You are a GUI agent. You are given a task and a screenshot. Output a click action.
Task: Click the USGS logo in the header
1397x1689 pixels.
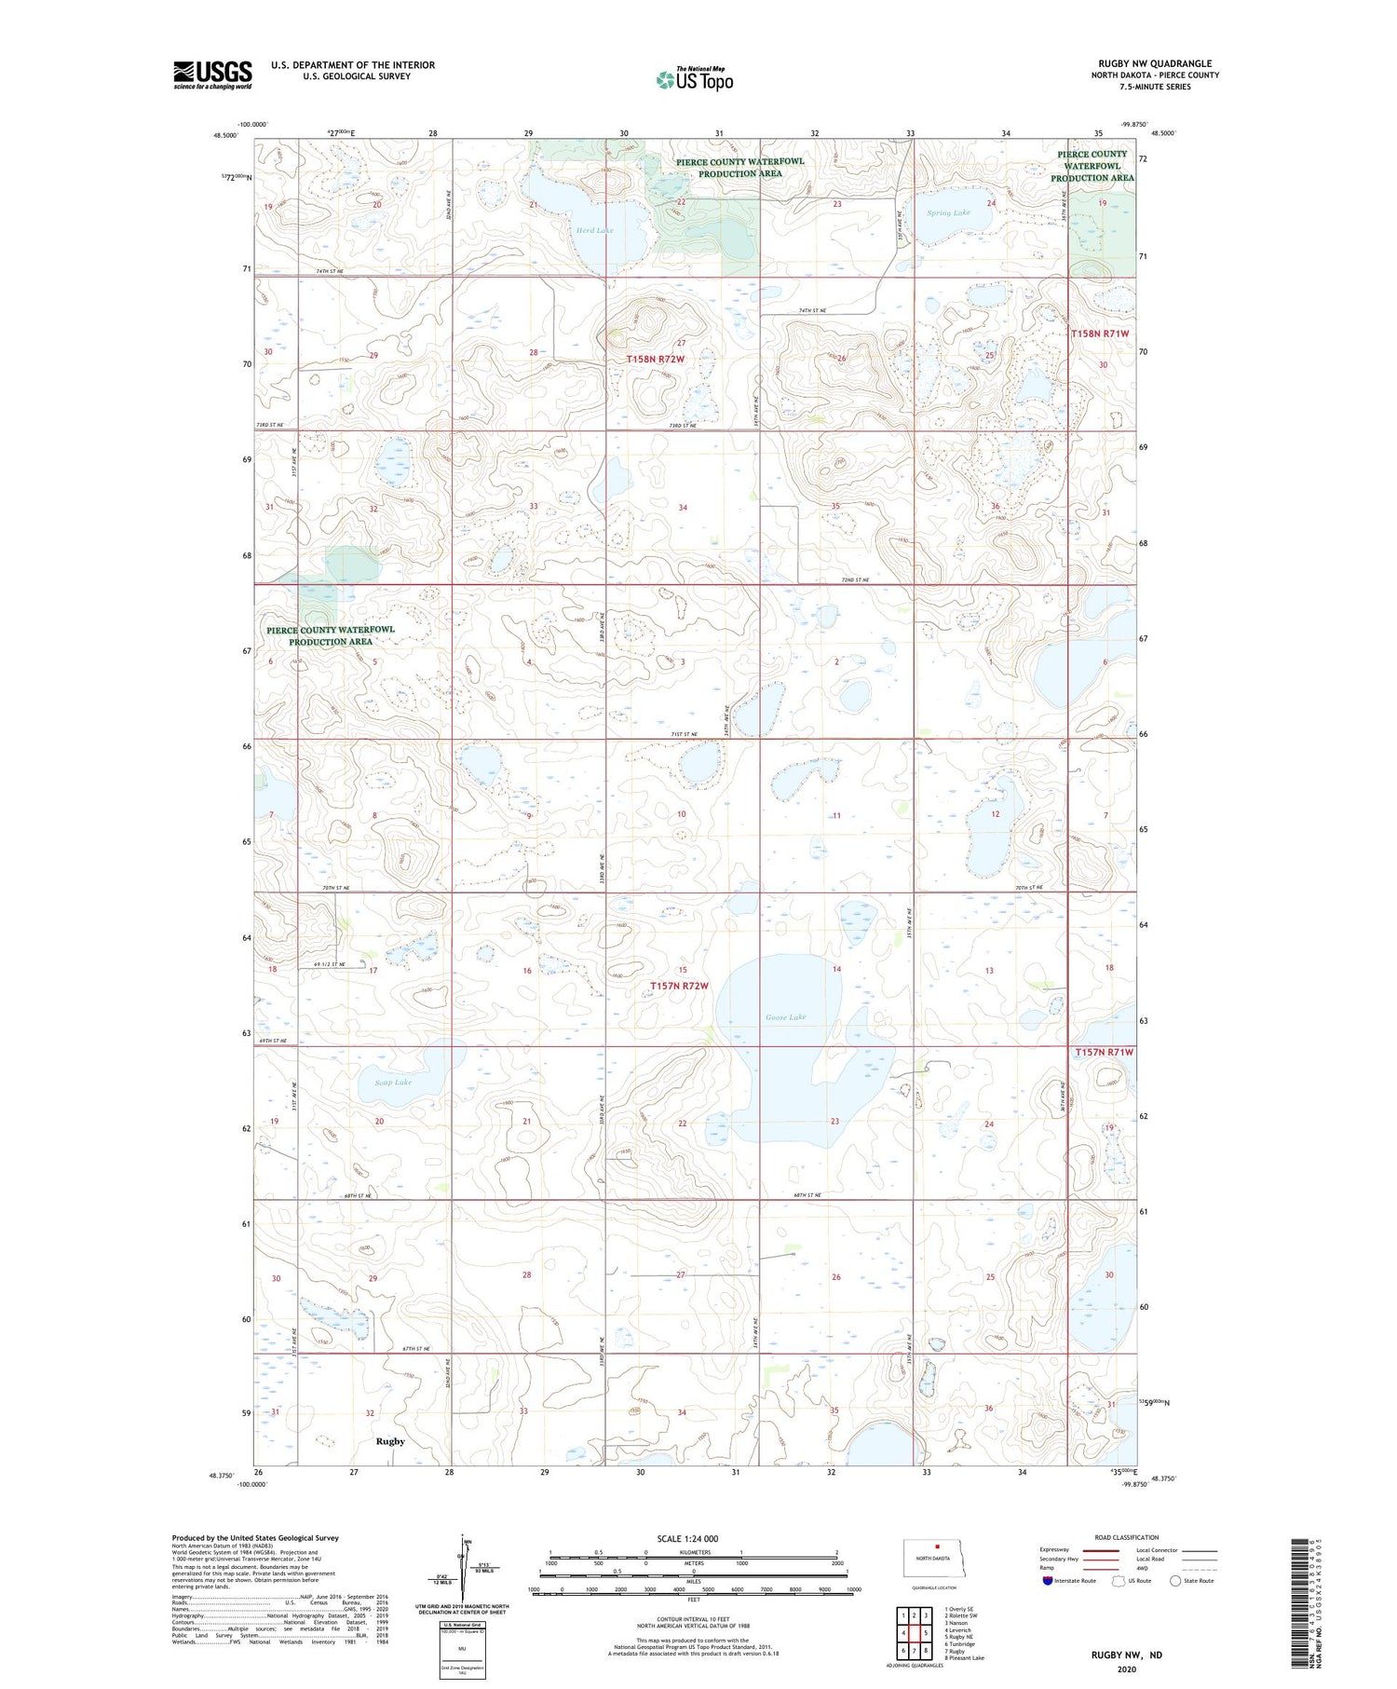pyautogui.click(x=212, y=75)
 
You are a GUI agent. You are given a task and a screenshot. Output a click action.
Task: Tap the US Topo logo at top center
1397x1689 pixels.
pyautogui.click(x=694, y=80)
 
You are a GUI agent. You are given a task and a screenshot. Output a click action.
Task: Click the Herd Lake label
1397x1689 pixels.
pyautogui.click(x=594, y=230)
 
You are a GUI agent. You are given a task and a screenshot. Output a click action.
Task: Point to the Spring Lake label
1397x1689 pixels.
pyautogui.click(x=948, y=212)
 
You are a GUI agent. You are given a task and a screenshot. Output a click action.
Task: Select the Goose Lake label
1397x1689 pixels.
pyautogui.click(x=785, y=1017)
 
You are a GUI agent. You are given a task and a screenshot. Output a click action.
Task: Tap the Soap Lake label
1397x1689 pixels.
pyautogui.click(x=393, y=1083)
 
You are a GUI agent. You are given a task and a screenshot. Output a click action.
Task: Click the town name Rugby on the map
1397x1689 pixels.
pyautogui.click(x=390, y=1441)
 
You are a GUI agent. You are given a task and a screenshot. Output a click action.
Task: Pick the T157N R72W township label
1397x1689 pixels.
pyautogui.click(x=679, y=986)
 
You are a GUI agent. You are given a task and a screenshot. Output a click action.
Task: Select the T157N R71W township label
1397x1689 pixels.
pyautogui.click(x=1104, y=1052)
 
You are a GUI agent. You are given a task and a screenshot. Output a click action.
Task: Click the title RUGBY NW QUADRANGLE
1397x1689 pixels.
pyautogui.click(x=1155, y=63)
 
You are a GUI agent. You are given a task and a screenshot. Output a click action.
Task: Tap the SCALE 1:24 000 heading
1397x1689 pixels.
pyautogui.click(x=687, y=1539)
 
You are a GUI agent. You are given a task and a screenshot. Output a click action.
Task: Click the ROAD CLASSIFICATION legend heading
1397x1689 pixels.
pyautogui.click(x=1127, y=1537)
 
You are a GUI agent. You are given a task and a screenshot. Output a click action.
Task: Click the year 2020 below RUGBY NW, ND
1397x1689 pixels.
pyautogui.click(x=1127, y=1669)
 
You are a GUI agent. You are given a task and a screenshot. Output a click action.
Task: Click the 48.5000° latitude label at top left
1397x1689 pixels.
pyautogui.click(x=224, y=134)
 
